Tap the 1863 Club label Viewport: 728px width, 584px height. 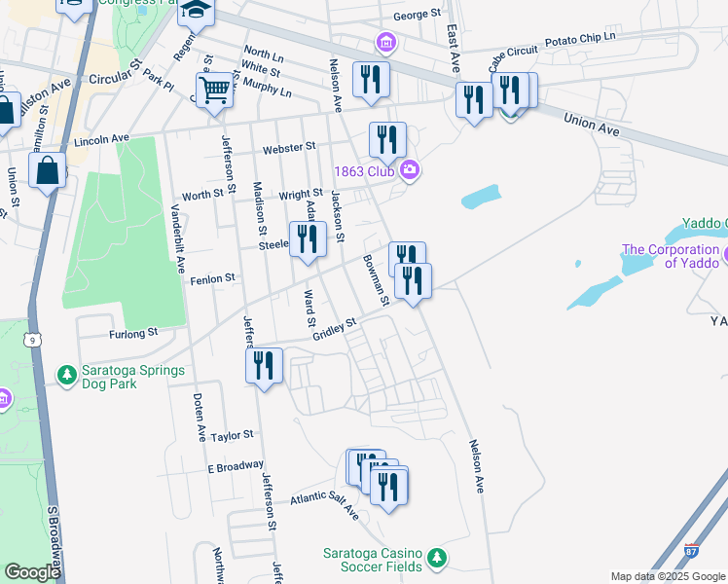click(366, 171)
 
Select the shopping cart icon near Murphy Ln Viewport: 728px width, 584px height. click(215, 91)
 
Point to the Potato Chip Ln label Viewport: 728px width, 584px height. click(580, 38)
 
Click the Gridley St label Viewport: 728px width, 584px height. click(335, 328)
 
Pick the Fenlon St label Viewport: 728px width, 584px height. click(217, 278)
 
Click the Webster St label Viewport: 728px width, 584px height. click(290, 148)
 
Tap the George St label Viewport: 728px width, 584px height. click(418, 15)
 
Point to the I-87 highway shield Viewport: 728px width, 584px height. click(691, 551)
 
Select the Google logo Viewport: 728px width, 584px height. click(32, 572)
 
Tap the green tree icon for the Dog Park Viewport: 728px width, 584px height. click(66, 375)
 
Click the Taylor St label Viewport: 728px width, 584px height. click(232, 435)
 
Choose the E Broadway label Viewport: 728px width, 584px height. click(236, 466)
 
